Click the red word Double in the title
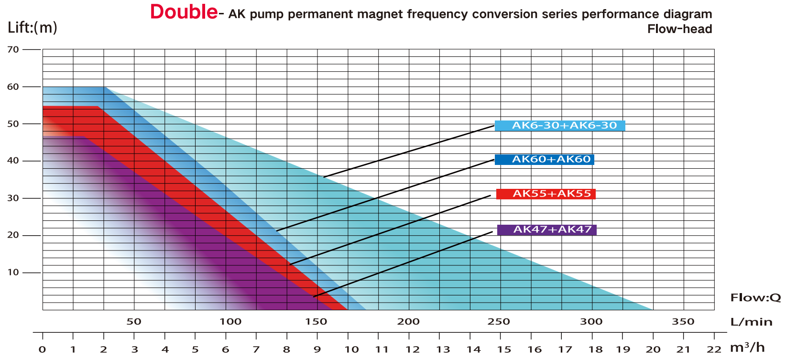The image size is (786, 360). click(x=184, y=12)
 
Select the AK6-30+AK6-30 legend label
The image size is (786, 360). click(x=560, y=126)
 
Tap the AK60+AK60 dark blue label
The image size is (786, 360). click(x=545, y=160)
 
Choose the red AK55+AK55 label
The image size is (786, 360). click(x=546, y=194)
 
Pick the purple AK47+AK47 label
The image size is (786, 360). click(x=547, y=230)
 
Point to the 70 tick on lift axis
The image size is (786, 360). click(x=13, y=49)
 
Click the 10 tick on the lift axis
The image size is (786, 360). click(x=13, y=273)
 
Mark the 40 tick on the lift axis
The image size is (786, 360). click(x=13, y=161)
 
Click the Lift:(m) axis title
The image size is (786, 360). click(x=33, y=27)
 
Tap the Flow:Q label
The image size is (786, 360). click(x=755, y=298)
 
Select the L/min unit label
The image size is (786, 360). click(x=751, y=322)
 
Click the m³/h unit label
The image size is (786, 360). click(x=747, y=348)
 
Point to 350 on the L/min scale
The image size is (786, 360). click(x=683, y=322)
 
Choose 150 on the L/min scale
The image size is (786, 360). click(x=316, y=322)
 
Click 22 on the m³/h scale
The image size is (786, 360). click(x=714, y=349)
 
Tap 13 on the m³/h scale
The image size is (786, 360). click(x=443, y=349)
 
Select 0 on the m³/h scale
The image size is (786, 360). click(x=43, y=349)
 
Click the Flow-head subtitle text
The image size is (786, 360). click(x=679, y=29)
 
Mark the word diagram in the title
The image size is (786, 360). click(x=687, y=14)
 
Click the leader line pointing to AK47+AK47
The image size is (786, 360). click(x=403, y=264)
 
